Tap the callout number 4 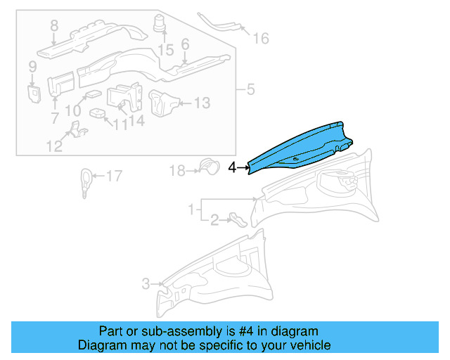pyautogui.click(x=233, y=167)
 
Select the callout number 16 pyautogui.click(x=261, y=38)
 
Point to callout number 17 pyautogui.click(x=114, y=176)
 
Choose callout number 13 pyautogui.click(x=201, y=103)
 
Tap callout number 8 pyautogui.click(x=53, y=27)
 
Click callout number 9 pyautogui.click(x=32, y=67)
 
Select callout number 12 pyautogui.click(x=55, y=146)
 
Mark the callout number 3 pyautogui.click(x=146, y=284)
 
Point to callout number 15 pyautogui.click(x=165, y=50)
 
